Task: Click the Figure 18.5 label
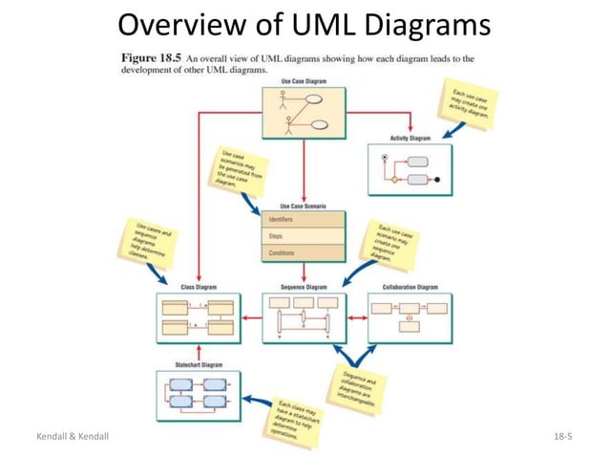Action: coord(145,58)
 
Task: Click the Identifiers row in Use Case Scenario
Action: coord(304,220)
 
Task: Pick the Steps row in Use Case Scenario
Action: coord(304,236)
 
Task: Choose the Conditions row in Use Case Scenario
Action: coord(304,253)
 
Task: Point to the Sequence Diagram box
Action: coord(304,318)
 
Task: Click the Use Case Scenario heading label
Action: coord(304,206)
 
